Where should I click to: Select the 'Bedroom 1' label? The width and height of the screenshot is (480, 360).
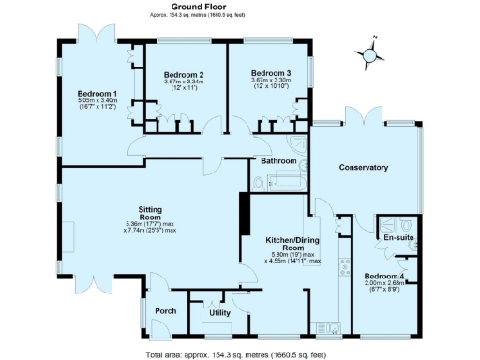click(x=97, y=94)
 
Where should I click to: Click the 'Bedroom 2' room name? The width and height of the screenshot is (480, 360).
click(x=184, y=75)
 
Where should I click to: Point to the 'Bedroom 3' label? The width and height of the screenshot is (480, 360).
click(x=270, y=73)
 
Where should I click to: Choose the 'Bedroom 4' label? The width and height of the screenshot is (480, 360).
click(x=383, y=276)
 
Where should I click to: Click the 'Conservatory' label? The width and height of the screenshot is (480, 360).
click(x=365, y=167)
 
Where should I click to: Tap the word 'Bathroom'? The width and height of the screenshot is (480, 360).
click(x=278, y=161)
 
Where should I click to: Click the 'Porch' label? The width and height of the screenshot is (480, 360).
click(x=166, y=310)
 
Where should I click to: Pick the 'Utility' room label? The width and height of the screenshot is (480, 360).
click(x=220, y=312)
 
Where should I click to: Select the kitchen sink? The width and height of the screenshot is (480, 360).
click(x=328, y=326)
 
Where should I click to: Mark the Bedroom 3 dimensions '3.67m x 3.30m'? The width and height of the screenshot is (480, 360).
click(x=270, y=82)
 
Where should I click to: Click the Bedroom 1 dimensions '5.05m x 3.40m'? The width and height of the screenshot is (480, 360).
click(x=97, y=101)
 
